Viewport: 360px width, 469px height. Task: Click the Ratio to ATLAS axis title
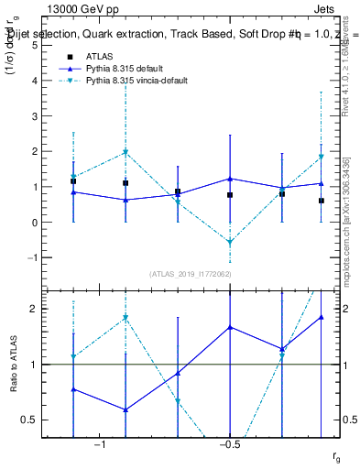tap(13, 365)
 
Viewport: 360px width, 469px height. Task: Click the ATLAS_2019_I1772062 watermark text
tap(189, 274)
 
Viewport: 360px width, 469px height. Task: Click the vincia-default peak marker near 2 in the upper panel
tap(125, 152)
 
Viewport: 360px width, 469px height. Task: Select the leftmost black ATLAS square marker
tap(73, 181)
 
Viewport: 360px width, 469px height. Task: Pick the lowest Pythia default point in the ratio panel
tap(125, 409)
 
